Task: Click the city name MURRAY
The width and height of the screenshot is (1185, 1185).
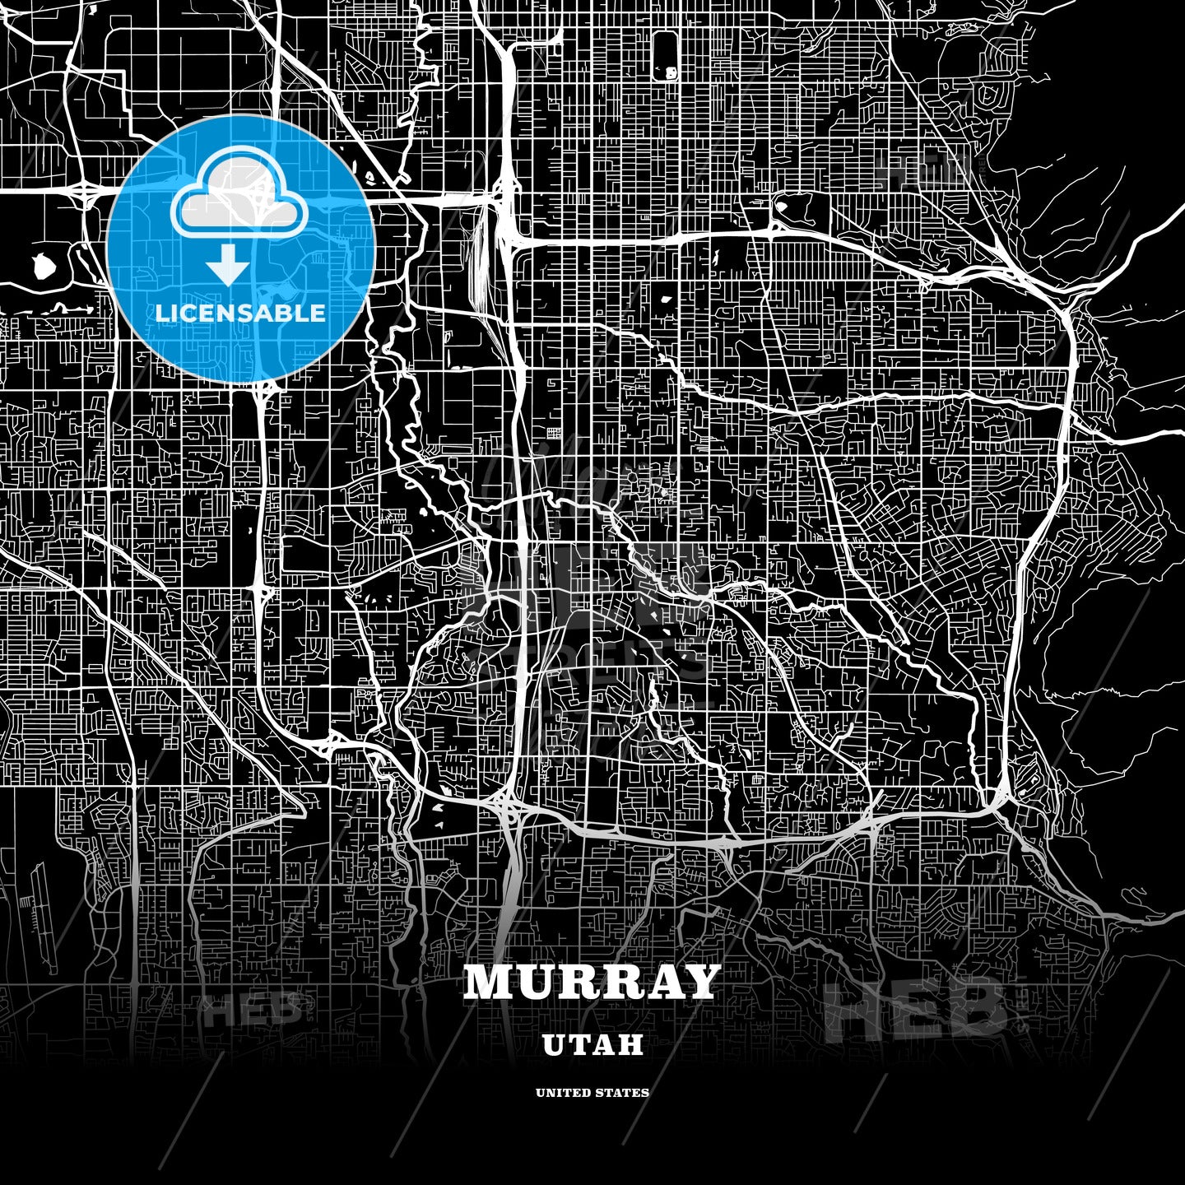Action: (x=592, y=982)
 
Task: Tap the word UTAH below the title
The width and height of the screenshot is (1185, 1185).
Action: (x=592, y=1045)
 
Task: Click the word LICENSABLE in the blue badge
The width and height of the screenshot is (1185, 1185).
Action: (x=240, y=314)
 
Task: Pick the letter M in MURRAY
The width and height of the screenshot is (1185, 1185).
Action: (x=489, y=982)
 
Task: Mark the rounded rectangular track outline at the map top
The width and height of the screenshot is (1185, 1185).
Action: (x=665, y=56)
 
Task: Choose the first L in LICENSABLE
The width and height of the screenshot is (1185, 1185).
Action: (x=162, y=314)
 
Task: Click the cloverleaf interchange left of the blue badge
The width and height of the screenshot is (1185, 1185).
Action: (x=86, y=193)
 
